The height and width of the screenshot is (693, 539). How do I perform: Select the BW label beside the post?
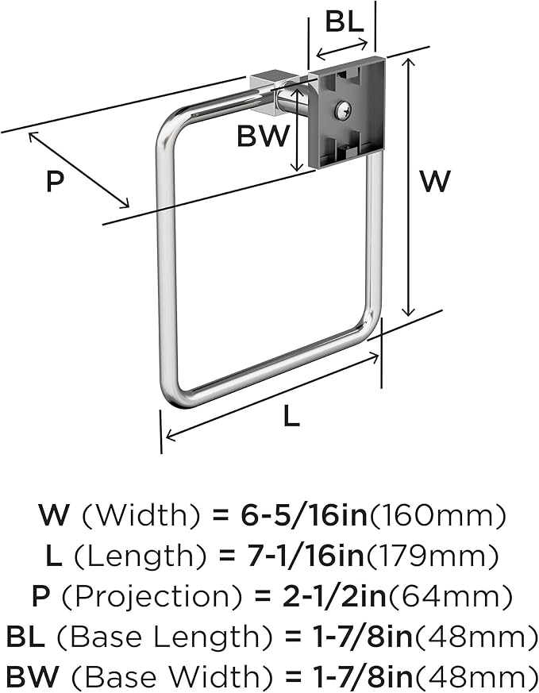pyautogui.click(x=264, y=136)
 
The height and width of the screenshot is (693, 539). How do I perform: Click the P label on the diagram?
pyautogui.click(x=56, y=181)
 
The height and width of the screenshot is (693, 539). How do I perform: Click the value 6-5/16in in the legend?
pyautogui.click(x=304, y=515)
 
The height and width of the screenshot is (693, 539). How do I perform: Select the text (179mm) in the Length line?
pyautogui.click(x=432, y=556)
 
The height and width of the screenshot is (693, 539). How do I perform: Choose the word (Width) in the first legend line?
pyautogui.click(x=141, y=515)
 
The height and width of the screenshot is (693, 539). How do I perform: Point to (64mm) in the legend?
pyautogui.click(x=449, y=596)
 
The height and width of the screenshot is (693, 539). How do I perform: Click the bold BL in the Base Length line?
pyautogui.click(x=25, y=637)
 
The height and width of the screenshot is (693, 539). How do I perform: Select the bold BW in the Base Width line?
pyautogui.click(x=33, y=677)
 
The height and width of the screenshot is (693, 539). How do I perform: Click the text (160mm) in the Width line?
pyautogui.click(x=437, y=515)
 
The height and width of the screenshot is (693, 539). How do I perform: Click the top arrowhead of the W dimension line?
pyautogui.click(x=410, y=63)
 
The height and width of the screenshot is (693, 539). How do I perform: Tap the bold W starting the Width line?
pyautogui.click(x=54, y=515)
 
